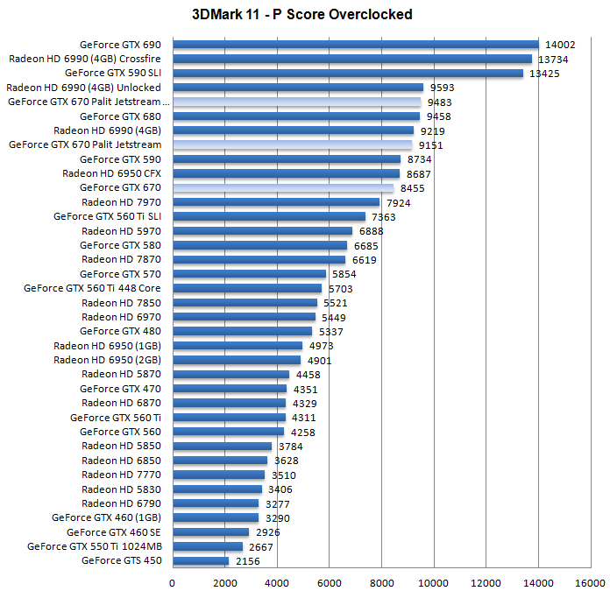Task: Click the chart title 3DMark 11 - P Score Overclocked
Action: tap(301, 14)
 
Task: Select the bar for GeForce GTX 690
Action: tap(355, 45)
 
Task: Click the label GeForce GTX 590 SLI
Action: tap(113, 73)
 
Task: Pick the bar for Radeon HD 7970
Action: tap(276, 202)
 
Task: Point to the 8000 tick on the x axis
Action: tap(381, 581)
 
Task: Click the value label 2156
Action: tap(248, 561)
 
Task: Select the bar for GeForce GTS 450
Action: tap(201, 561)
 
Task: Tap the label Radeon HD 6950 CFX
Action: tap(112, 173)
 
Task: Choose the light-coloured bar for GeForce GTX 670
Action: tap(283, 187)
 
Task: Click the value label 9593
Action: tap(443, 88)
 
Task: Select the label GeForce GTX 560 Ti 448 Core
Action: tap(92, 288)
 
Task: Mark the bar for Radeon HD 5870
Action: tap(231, 375)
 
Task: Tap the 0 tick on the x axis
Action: tap(173, 581)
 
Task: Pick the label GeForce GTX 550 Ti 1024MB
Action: tap(95, 546)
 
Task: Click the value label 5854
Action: tap(345, 274)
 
